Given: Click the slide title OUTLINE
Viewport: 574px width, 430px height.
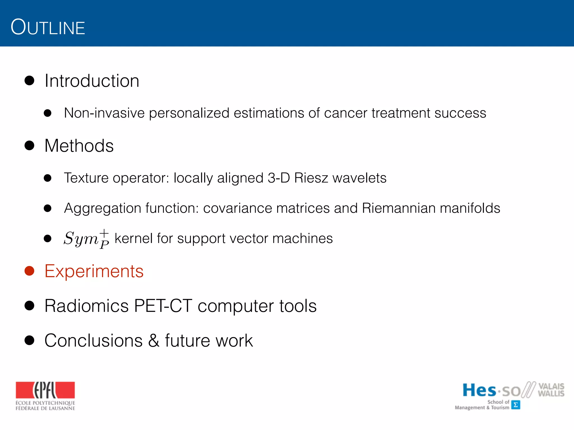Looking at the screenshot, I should coord(48,27).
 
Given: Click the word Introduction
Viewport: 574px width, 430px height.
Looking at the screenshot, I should coord(92,81).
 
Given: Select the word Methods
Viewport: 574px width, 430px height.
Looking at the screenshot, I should coord(79,146).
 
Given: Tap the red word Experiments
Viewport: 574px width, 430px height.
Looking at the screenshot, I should coord(94,271).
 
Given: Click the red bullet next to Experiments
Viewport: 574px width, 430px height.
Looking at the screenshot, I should coord(29,271).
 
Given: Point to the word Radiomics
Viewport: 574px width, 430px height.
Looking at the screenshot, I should coord(86,306).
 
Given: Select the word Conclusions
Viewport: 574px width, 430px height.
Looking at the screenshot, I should coord(94,341).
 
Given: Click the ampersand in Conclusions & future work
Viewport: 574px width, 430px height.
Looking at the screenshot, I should coord(154,341).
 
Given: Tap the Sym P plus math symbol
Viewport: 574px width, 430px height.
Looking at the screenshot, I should coord(86,239).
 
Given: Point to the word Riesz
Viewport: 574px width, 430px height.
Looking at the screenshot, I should coord(311,178).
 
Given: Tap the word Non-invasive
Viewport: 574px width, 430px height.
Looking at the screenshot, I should coord(104,113).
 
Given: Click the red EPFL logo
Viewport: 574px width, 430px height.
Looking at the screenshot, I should coord(45,390).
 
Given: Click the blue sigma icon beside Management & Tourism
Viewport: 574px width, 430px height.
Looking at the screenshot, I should coord(515,405).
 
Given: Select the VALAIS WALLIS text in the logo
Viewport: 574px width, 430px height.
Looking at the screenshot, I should coord(551,390).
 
